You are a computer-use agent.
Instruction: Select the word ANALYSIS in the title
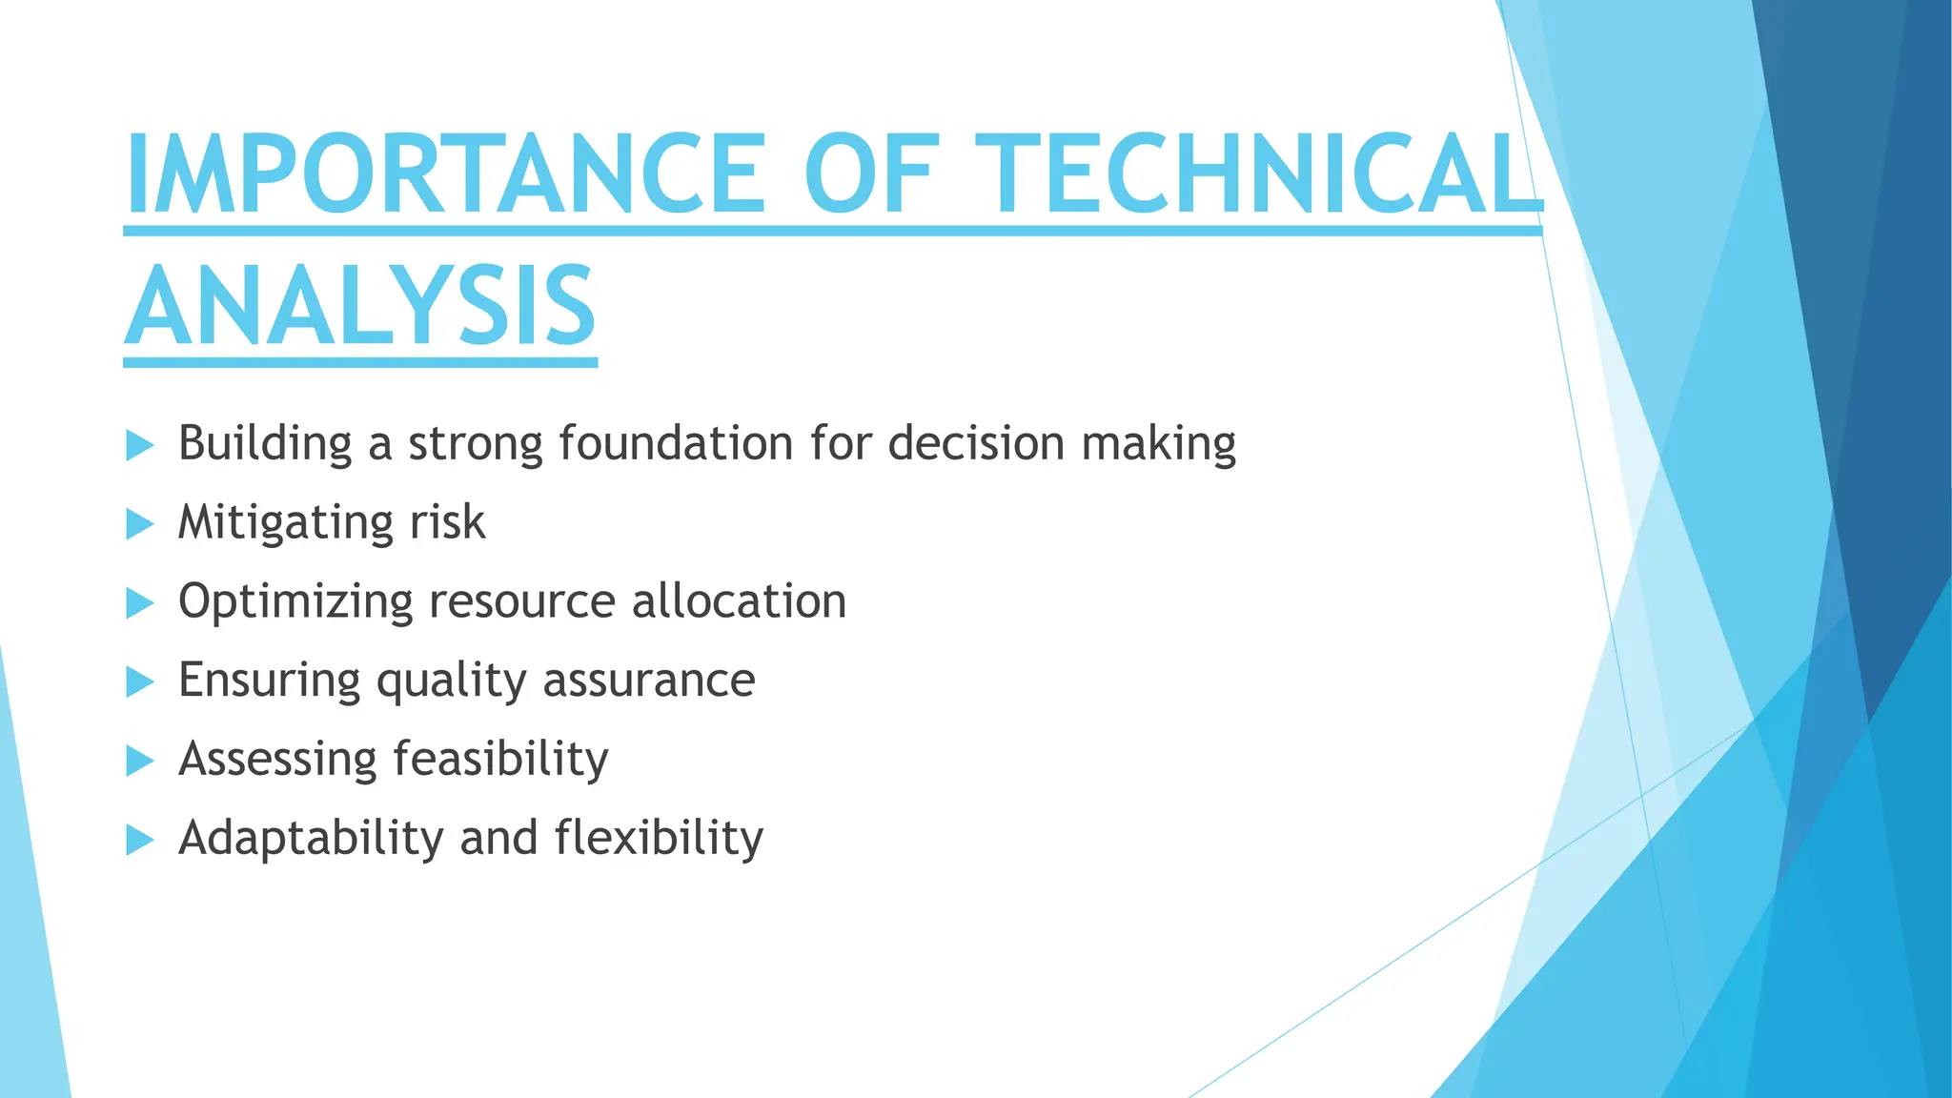(360, 307)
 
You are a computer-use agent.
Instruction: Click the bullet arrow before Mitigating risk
(139, 523)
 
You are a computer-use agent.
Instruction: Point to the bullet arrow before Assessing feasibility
(139, 761)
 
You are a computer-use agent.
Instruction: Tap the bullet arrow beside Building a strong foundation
(139, 445)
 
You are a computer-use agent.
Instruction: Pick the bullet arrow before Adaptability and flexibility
(139, 840)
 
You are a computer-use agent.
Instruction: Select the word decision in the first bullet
(976, 443)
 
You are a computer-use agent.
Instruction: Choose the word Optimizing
(295, 602)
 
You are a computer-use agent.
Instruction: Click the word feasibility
(500, 760)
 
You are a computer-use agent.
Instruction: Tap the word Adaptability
(311, 839)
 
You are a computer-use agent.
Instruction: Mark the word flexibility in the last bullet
(659, 838)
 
